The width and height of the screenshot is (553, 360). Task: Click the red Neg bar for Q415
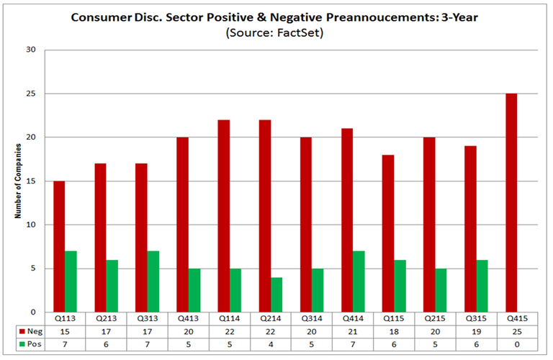(511, 202)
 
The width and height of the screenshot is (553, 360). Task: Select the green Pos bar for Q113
(71, 282)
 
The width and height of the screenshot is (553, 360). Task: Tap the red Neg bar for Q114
(224, 216)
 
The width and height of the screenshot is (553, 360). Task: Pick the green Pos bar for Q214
(276, 294)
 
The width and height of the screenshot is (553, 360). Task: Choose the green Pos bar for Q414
(359, 282)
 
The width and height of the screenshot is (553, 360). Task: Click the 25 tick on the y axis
(32, 94)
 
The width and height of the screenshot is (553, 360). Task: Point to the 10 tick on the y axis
(32, 225)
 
